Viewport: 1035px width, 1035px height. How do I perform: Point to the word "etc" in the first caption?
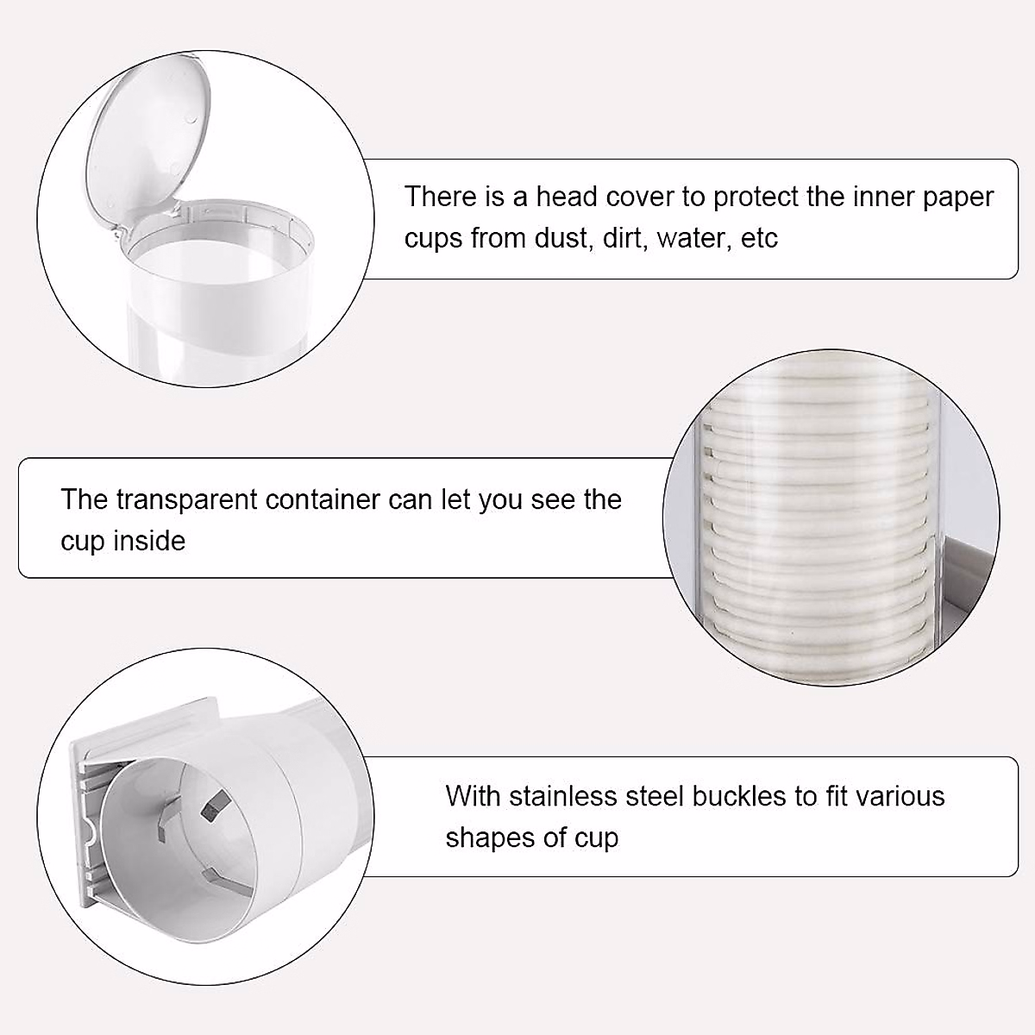coord(760,238)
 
